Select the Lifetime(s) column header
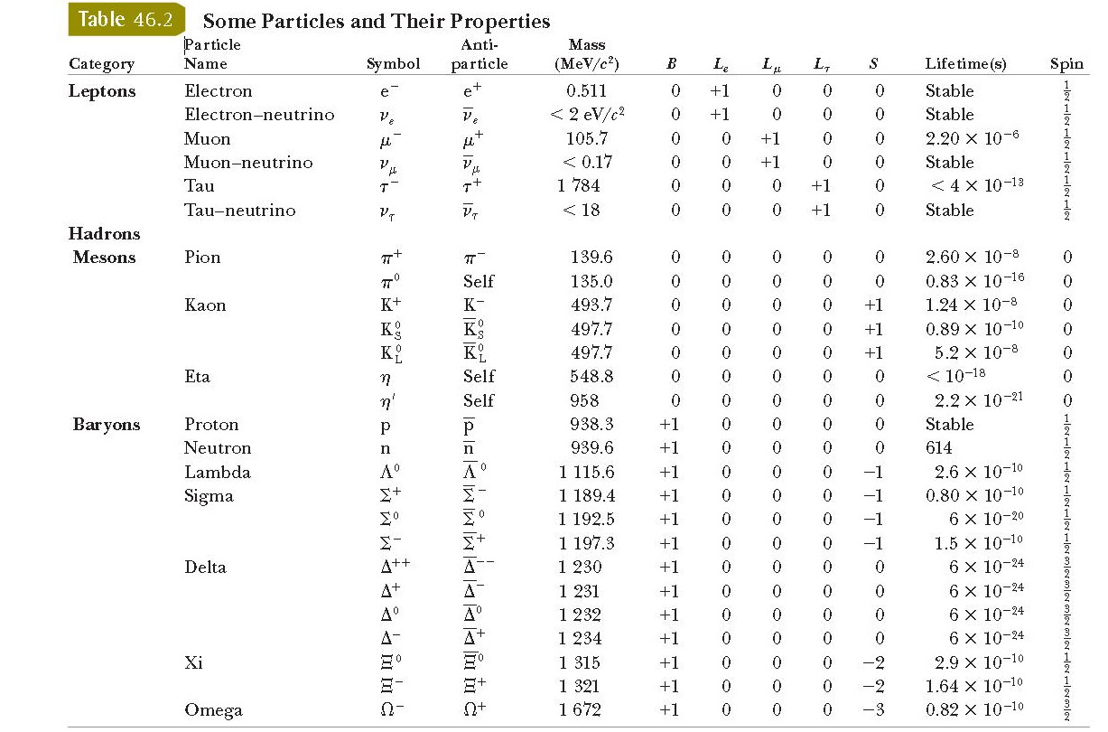pos(965,64)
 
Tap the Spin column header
pos(1066,64)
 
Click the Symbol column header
pos(394,64)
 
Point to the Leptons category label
pos(102,91)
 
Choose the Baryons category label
pos(107,425)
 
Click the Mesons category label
pos(104,258)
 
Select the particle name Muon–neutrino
pos(248,163)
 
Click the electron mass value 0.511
pos(586,91)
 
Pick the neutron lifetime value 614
pos(939,448)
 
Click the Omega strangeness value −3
pos(872,709)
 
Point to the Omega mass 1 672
pos(580,709)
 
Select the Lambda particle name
pos(218,472)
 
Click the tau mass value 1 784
pos(579,186)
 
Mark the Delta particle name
pos(205,568)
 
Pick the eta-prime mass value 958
pos(584,400)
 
